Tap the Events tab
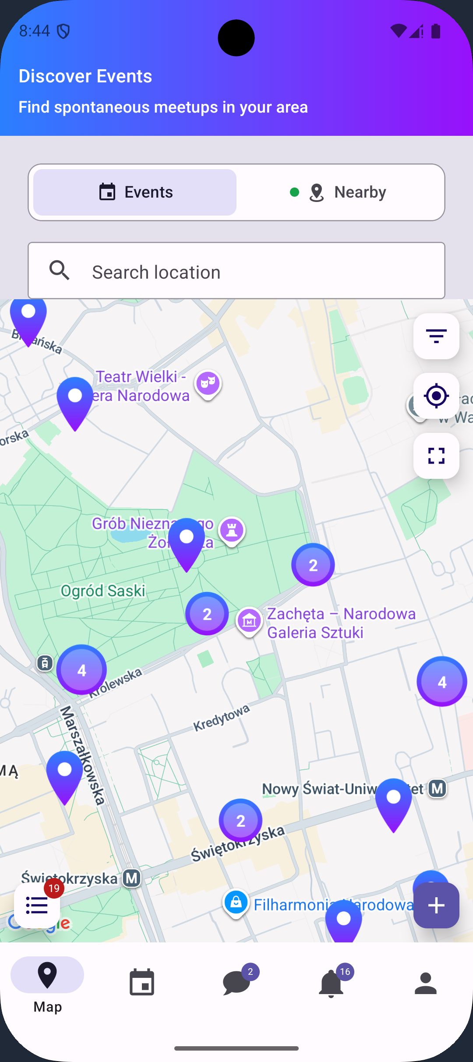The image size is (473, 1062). pyautogui.click(x=135, y=192)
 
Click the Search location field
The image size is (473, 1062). pyautogui.click(x=236, y=272)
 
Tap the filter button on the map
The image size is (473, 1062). pyautogui.click(x=436, y=336)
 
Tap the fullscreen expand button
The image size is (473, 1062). pyautogui.click(x=436, y=456)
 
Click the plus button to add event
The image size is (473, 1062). pyautogui.click(x=436, y=905)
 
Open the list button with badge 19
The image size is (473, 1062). pyautogui.click(x=37, y=905)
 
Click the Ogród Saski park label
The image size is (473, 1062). pyautogui.click(x=103, y=591)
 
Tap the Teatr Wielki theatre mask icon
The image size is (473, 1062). pyautogui.click(x=208, y=384)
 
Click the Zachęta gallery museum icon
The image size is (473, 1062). pyautogui.click(x=249, y=620)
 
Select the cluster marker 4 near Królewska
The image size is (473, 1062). pyautogui.click(x=81, y=669)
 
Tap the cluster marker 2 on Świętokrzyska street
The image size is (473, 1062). pyautogui.click(x=240, y=820)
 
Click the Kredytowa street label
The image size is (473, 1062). pyautogui.click(x=222, y=718)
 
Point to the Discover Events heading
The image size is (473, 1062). pyautogui.click(x=85, y=76)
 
